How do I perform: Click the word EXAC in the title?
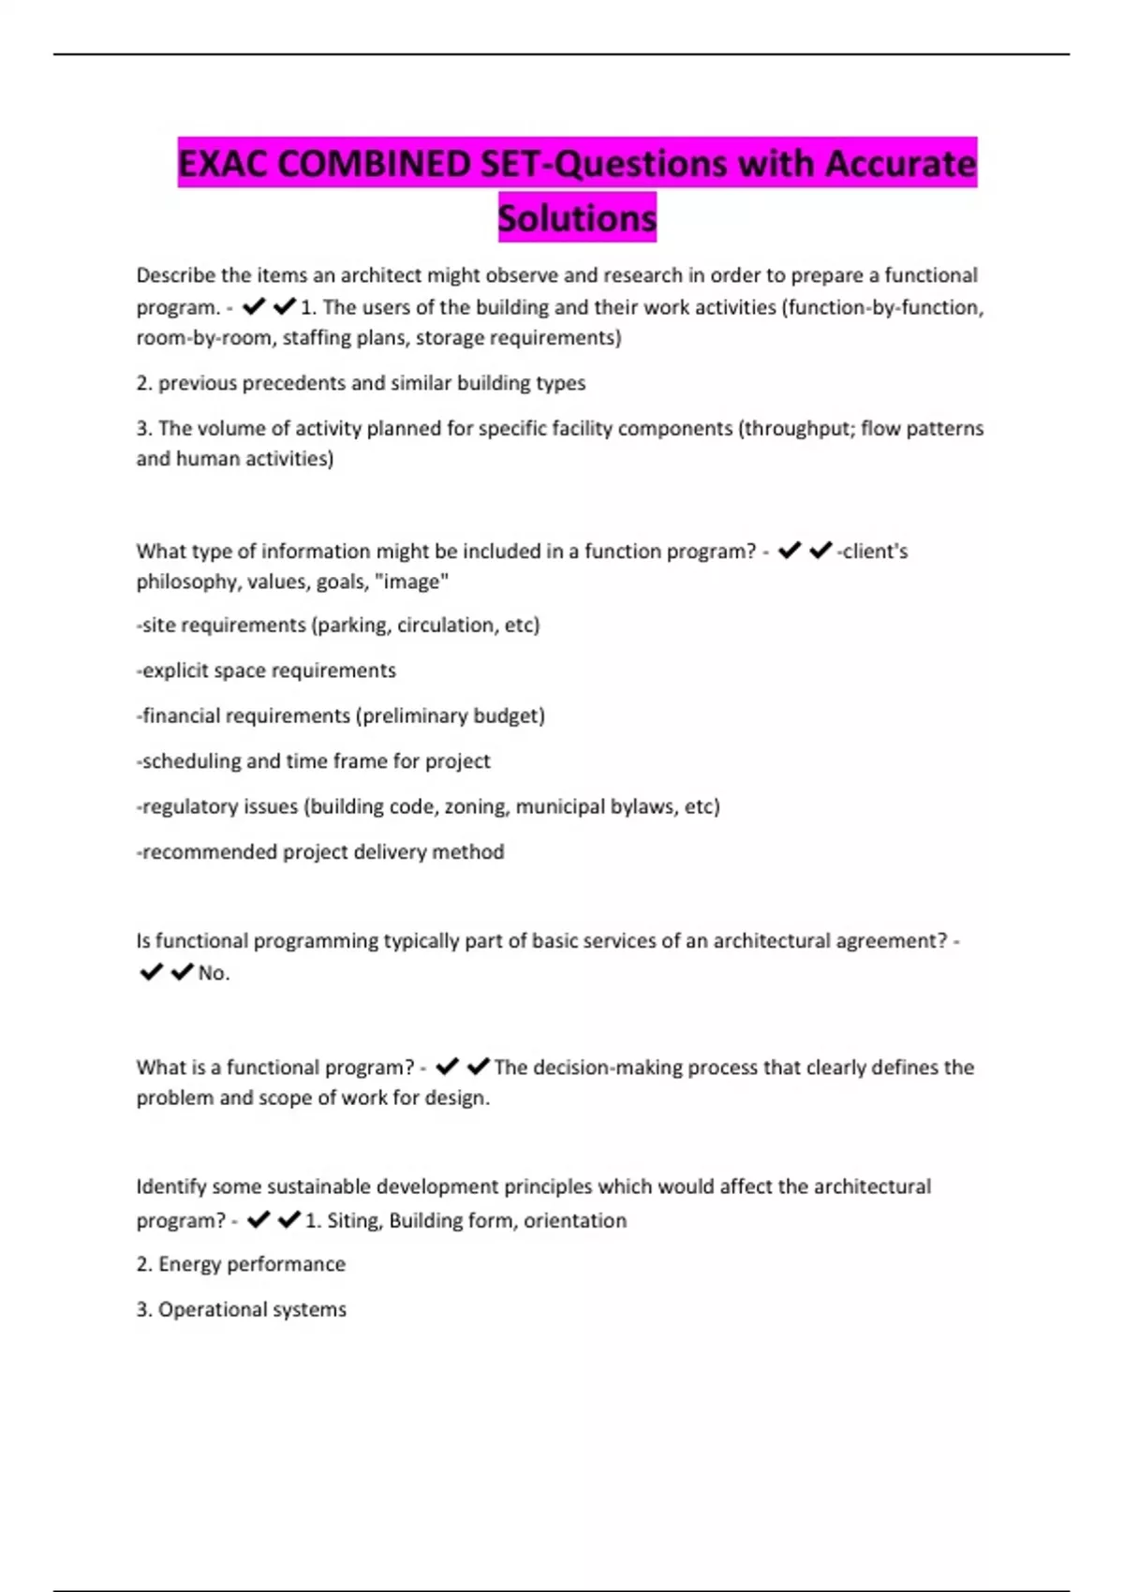[224, 164]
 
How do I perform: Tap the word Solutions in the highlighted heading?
[577, 218]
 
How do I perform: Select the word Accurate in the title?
[900, 164]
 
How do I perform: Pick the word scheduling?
[191, 760]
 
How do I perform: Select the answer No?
[213, 973]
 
